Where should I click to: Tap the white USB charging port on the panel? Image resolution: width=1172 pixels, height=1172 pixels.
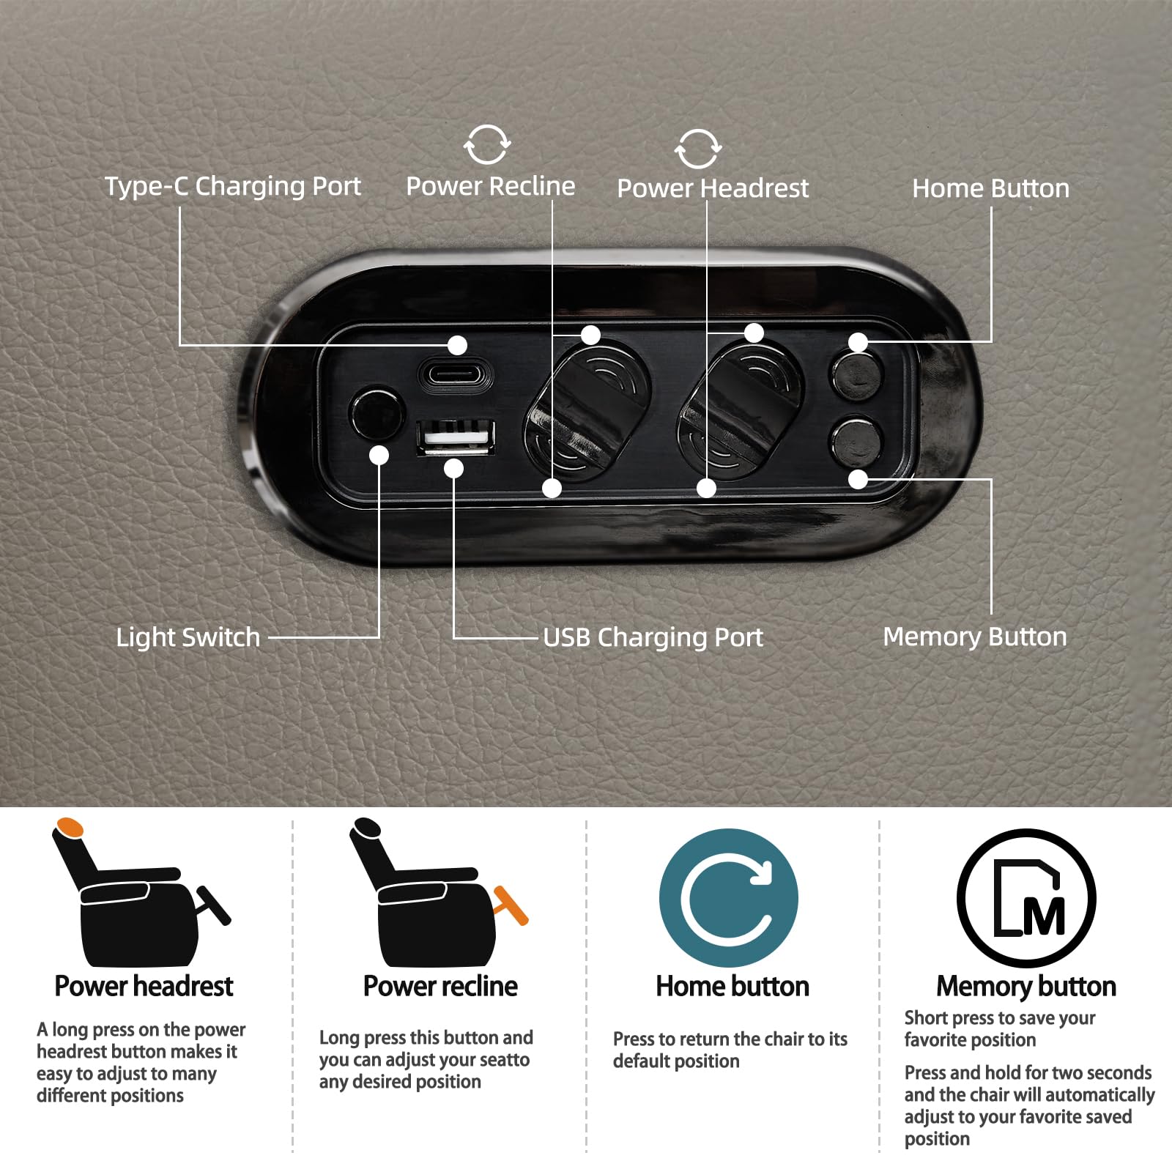[456, 437]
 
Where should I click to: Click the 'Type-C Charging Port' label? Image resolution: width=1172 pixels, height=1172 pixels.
[233, 187]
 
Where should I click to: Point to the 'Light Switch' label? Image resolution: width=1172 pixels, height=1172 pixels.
[188, 637]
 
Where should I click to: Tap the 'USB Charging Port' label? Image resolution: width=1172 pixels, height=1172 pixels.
[653, 637]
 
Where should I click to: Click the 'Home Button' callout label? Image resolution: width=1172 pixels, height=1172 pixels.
[990, 188]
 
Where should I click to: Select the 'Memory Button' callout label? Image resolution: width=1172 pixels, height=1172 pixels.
[975, 637]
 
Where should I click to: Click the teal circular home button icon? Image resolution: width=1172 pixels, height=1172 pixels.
[729, 898]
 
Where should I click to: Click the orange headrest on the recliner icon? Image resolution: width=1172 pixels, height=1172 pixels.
[70, 828]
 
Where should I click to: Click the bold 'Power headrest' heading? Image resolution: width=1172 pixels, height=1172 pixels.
[144, 986]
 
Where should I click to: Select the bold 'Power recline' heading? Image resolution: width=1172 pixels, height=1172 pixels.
[440, 986]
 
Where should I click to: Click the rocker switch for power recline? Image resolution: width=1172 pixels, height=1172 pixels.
[588, 407]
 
